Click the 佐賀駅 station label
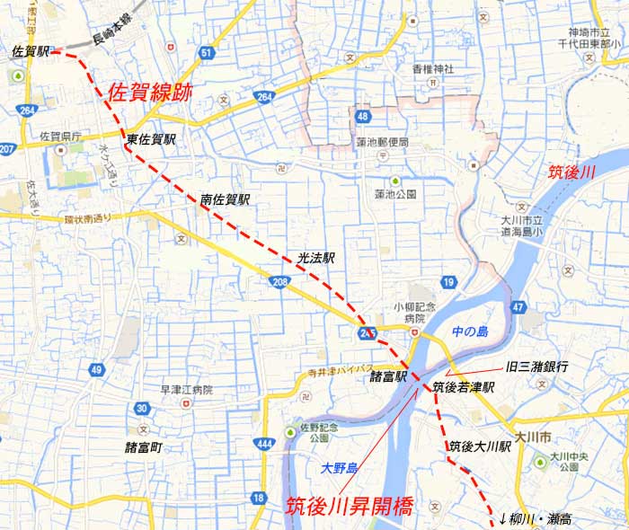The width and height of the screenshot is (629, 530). [31, 52]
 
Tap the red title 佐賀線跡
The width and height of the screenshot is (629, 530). [149, 92]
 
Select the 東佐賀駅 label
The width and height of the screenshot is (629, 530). [151, 140]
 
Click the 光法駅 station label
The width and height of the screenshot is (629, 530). [316, 257]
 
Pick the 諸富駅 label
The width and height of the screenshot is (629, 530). [389, 377]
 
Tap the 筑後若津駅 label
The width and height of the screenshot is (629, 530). [464, 388]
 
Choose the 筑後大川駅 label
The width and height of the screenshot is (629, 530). [480, 446]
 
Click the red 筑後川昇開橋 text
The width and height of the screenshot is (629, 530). [349, 506]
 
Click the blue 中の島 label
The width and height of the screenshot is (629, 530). [470, 331]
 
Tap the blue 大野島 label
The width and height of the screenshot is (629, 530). [340, 467]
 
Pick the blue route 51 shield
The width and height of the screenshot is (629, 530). [208, 53]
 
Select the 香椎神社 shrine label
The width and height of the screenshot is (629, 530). [433, 69]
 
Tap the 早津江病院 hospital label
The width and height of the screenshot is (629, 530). [187, 390]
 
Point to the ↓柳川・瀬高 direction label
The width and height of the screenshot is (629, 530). [536, 519]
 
